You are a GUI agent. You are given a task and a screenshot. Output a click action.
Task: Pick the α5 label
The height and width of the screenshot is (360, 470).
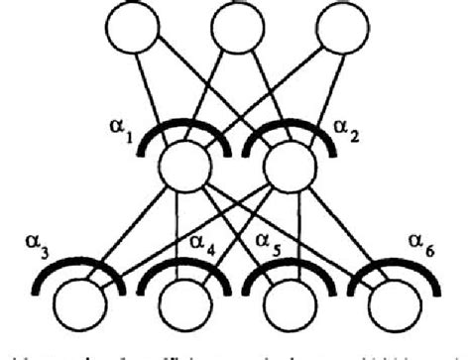click(263, 240)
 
